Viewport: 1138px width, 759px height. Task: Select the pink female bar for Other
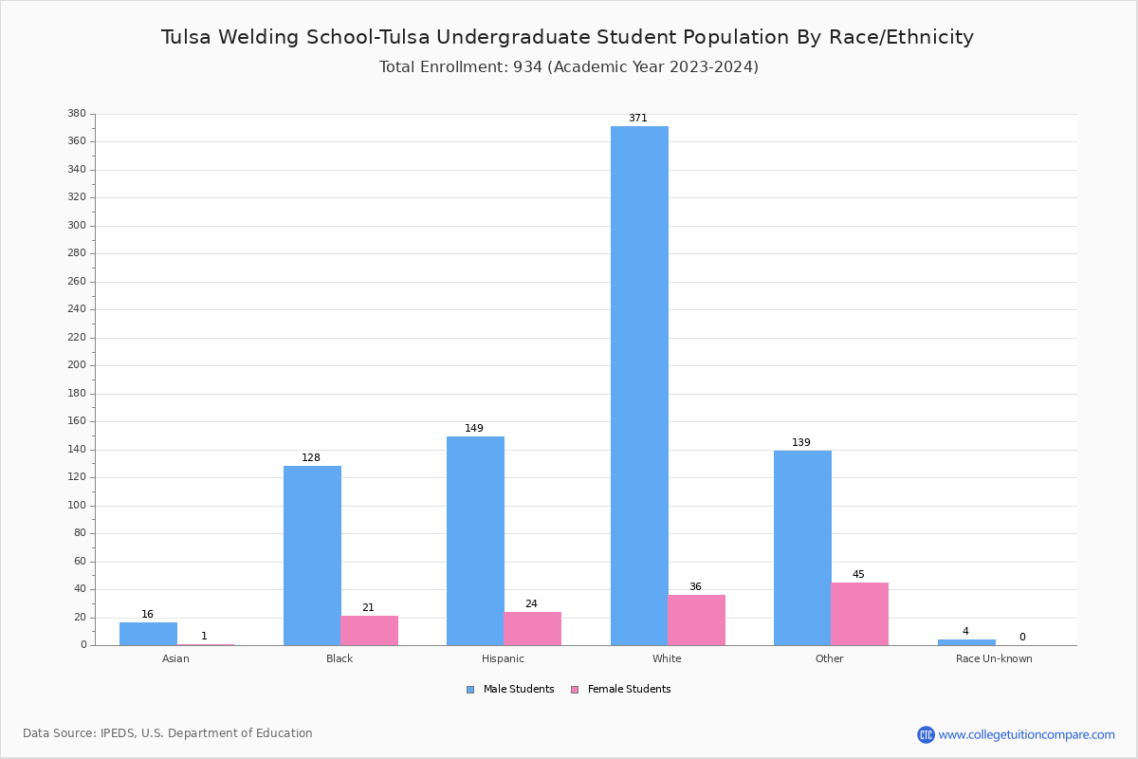pyautogui.click(x=859, y=614)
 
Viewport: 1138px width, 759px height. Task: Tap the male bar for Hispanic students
pyautogui.click(x=475, y=541)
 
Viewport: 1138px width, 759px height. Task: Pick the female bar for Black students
pyautogui.click(x=369, y=630)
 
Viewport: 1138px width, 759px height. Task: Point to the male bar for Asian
pyautogui.click(x=148, y=634)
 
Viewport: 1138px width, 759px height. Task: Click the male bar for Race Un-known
pyautogui.click(x=966, y=642)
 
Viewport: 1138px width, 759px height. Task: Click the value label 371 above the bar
pyautogui.click(x=637, y=119)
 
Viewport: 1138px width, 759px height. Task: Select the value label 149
pyautogui.click(x=474, y=429)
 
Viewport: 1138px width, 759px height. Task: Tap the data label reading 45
pyautogui.click(x=858, y=575)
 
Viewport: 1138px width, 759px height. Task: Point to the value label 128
pyautogui.click(x=311, y=458)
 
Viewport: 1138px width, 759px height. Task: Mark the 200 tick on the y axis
pyautogui.click(x=77, y=365)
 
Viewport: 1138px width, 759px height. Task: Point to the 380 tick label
pyautogui.click(x=77, y=114)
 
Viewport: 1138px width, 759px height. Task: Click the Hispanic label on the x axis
pyautogui.click(x=503, y=659)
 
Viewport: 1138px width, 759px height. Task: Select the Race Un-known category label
pyautogui.click(x=994, y=659)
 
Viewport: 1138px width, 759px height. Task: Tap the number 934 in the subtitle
pyautogui.click(x=527, y=67)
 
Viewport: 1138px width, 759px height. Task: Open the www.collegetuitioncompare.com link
pyautogui.click(x=1026, y=734)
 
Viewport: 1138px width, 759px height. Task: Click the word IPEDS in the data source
pyautogui.click(x=118, y=733)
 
